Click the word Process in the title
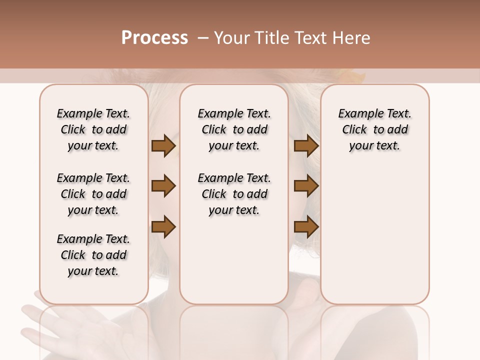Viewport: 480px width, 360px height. coord(154,38)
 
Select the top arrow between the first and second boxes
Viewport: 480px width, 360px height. coord(163,145)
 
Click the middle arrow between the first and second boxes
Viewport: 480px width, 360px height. coord(163,186)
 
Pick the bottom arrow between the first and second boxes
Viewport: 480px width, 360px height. coord(163,226)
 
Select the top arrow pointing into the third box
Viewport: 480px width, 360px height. coord(306,145)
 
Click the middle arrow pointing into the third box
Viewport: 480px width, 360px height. coord(306,186)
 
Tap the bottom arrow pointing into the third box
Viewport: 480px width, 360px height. coord(306,226)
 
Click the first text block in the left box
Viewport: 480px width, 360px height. coord(93,129)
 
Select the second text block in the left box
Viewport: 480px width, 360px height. coord(93,194)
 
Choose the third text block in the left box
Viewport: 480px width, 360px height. coord(93,255)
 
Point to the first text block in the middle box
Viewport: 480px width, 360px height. coord(234,129)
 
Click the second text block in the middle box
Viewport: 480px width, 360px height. coord(234,194)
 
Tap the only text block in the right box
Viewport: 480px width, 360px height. coord(374,129)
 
